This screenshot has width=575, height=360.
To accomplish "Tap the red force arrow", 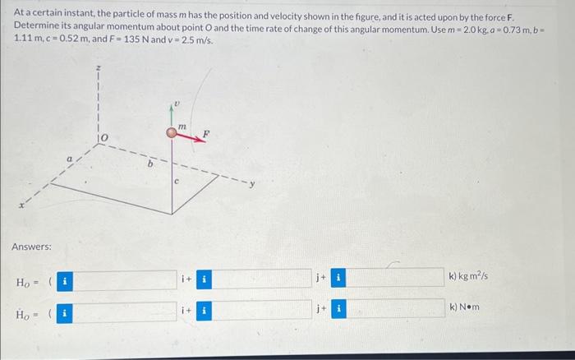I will [189, 138].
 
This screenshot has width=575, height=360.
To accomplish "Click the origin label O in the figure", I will [104, 135].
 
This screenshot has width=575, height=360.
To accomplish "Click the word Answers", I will [31, 247].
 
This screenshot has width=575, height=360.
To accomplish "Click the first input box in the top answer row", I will [123, 280].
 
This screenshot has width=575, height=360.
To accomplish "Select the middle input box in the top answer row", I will [260, 280].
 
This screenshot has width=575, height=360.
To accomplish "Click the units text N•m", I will [464, 307].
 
